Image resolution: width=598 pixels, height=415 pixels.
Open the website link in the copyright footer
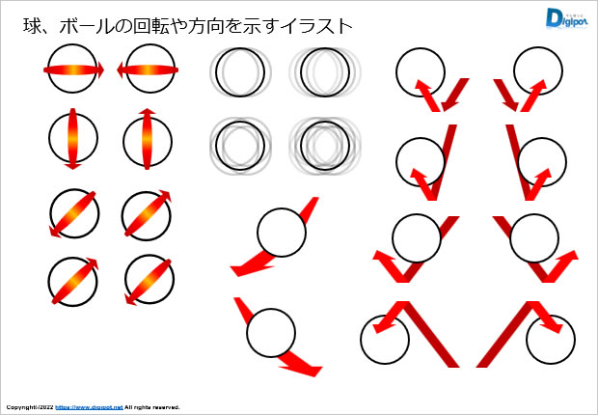tap(90, 407)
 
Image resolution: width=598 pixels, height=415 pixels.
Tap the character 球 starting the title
tap(32, 26)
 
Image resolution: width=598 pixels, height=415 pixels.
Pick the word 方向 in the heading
tap(204, 26)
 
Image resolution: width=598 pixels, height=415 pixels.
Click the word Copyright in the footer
tap(20, 407)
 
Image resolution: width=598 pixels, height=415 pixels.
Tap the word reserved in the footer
tap(168, 407)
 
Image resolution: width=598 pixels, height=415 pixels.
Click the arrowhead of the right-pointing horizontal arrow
tap(100, 69)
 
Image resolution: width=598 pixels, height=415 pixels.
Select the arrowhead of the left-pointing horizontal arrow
tap(121, 70)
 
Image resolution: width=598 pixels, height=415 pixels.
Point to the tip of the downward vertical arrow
tap(73, 169)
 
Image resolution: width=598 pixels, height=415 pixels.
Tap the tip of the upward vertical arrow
tap(148, 109)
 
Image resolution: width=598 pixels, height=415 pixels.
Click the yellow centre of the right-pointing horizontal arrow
tap(72, 69)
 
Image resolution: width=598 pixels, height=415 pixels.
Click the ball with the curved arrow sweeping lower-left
tap(282, 233)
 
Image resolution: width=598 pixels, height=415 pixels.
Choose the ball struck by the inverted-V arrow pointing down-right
tap(551, 340)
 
